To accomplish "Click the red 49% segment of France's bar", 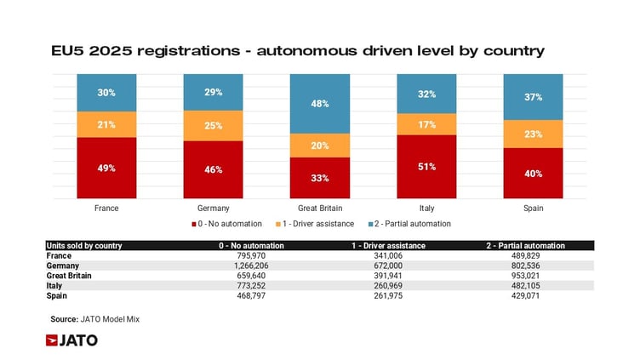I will pyautogui.click(x=106, y=168).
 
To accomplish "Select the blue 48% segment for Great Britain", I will pyautogui.click(x=319, y=104).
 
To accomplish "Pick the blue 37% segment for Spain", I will pyautogui.click(x=534, y=97).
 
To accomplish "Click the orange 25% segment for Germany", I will pyautogui.click(x=213, y=126).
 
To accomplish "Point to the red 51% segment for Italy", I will pyautogui.click(x=426, y=167).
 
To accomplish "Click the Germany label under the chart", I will pyautogui.click(x=213, y=208).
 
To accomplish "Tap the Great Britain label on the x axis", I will pyautogui.click(x=319, y=208).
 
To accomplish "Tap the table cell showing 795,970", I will pyautogui.click(x=250, y=254).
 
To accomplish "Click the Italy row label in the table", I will pyautogui.click(x=55, y=284).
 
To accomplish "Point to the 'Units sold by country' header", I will pyautogui.click(x=84, y=245).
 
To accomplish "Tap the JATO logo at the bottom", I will pyautogui.click(x=71, y=340).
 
